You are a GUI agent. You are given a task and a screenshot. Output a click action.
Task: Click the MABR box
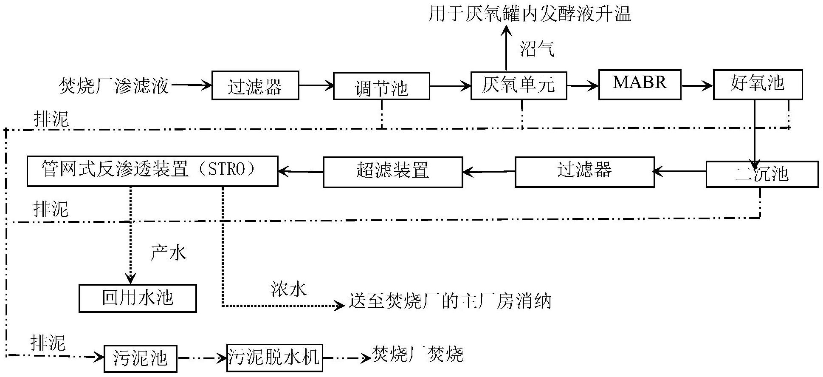(640, 85)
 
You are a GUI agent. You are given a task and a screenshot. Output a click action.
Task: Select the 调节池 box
(381, 86)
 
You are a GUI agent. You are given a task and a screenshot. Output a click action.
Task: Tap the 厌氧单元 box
(519, 86)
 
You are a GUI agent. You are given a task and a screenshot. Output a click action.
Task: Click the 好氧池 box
(757, 85)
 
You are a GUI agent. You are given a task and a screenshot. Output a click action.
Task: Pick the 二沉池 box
(762, 174)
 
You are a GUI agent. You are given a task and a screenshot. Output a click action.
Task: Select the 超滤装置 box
(393, 172)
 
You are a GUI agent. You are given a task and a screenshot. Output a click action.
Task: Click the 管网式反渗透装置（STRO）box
(152, 171)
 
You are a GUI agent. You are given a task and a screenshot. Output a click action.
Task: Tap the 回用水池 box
(138, 298)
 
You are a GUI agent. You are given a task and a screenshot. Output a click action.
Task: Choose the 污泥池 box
(140, 358)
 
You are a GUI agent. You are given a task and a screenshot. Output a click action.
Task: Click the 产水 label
(169, 253)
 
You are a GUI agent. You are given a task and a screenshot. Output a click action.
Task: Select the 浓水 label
(288, 289)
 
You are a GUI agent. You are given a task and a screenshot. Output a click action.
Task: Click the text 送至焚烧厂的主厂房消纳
(450, 301)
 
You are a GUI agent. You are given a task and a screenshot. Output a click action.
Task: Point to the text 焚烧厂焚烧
(417, 354)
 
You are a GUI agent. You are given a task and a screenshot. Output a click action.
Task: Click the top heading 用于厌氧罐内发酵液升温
(530, 14)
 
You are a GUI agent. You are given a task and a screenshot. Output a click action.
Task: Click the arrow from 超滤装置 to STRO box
(301, 172)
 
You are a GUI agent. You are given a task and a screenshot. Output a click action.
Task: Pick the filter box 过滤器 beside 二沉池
(584, 172)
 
